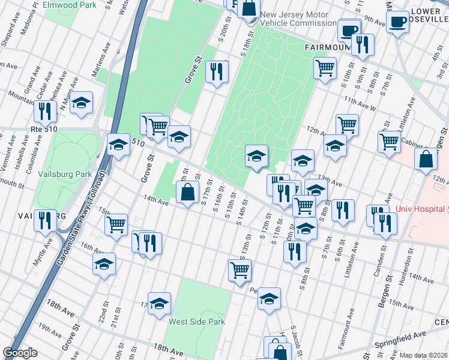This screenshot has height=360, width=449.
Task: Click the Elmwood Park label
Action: (70, 4)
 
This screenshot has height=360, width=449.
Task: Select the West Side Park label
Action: (196, 322)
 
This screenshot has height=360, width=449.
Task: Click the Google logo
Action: (20, 353)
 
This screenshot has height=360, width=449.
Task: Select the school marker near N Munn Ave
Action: (81, 102)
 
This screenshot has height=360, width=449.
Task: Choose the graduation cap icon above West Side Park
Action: (160, 304)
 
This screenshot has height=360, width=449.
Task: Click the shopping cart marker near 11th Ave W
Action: (325, 68)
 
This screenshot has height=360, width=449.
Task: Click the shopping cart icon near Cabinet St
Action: (389, 142)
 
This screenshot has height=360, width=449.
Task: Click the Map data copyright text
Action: (423, 355)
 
